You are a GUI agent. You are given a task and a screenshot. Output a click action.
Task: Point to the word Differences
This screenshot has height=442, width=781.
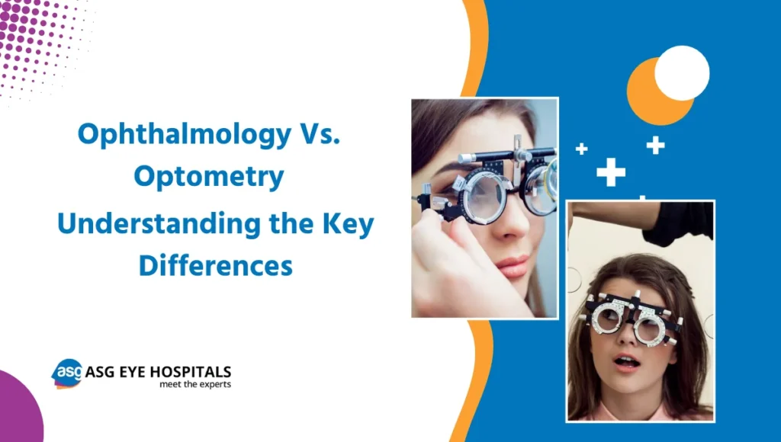pos(216,266)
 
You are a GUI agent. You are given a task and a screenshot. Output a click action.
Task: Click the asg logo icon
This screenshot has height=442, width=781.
pos(66,373)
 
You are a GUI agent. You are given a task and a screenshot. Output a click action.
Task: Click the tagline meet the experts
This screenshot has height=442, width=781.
pos(194,385)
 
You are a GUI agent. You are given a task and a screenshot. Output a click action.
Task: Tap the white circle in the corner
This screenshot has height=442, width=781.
pos(682,73)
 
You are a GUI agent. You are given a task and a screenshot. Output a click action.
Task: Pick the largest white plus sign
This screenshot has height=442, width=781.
pos(611,172)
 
